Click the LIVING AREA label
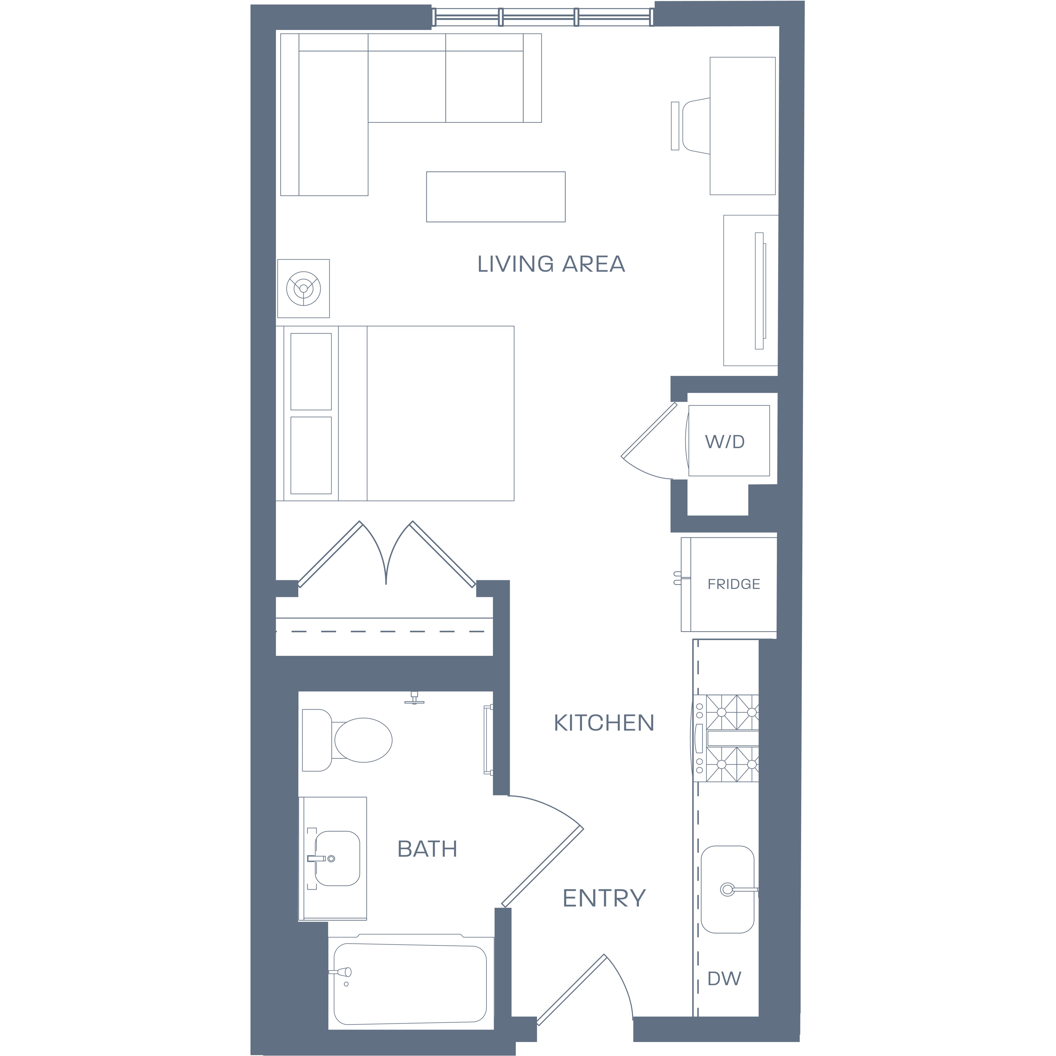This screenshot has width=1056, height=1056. pyautogui.click(x=551, y=264)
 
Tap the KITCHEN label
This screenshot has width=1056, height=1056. pyautogui.click(x=604, y=723)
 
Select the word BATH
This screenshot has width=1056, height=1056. pyautogui.click(x=427, y=849)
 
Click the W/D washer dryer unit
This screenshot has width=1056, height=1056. pyautogui.click(x=729, y=441)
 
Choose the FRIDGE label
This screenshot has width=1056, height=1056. pyautogui.click(x=733, y=584)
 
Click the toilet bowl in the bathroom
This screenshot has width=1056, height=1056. pyautogui.click(x=363, y=740)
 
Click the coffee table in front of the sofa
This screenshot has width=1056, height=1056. pyautogui.click(x=496, y=197)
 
